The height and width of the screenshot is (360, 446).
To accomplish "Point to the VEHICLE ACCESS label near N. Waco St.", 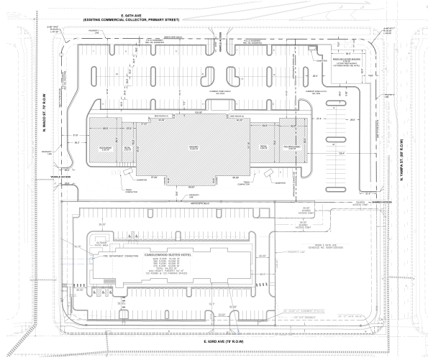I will [x=60, y=177].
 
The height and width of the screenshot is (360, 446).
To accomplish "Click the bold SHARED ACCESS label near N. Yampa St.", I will [x=382, y=202].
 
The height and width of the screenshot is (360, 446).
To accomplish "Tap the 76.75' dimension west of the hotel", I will [x=77, y=246].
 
